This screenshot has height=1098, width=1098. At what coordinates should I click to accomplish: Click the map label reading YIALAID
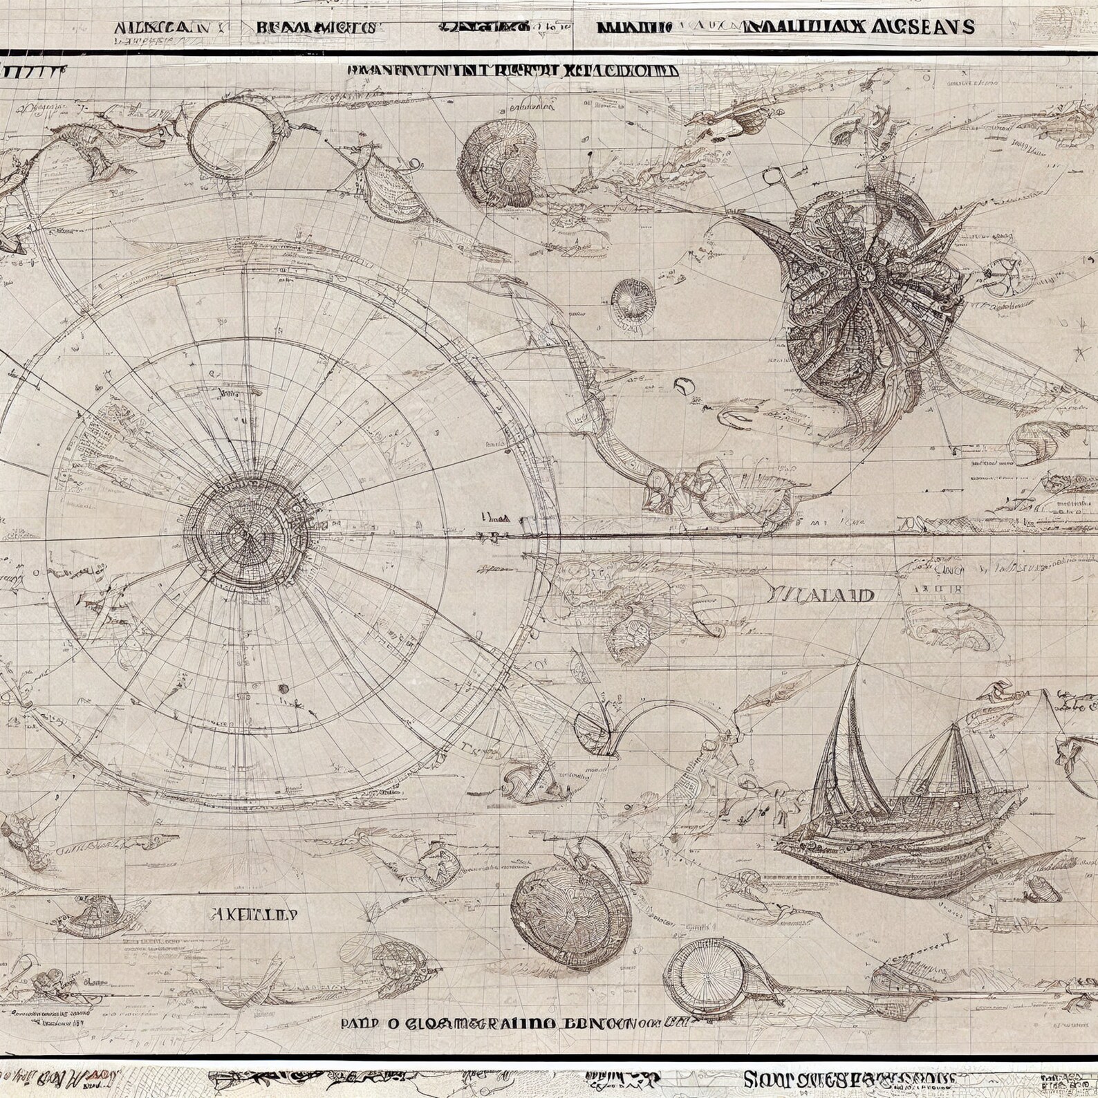point(820,595)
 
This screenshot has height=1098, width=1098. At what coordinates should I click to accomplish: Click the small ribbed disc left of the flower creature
point(632,297)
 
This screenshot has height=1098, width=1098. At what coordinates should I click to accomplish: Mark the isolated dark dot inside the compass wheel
point(283,688)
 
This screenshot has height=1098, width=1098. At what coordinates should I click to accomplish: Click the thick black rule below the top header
point(549,53)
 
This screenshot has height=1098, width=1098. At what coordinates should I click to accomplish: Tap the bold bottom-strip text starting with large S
point(850,1079)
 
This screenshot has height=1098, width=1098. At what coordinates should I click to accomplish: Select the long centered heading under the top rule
point(512,71)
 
